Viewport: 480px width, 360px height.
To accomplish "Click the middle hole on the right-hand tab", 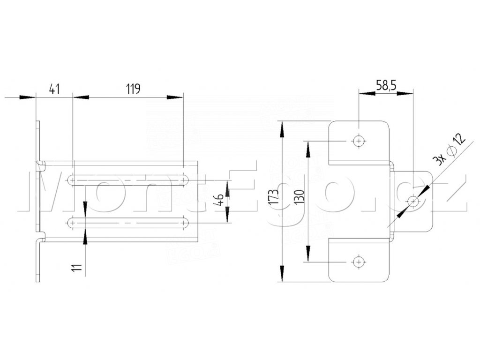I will [413, 202].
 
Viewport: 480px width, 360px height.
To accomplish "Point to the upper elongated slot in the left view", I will [128, 180].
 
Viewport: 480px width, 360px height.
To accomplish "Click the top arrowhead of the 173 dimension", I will [282, 128].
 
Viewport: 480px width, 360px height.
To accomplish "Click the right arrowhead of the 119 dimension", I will [176, 97].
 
